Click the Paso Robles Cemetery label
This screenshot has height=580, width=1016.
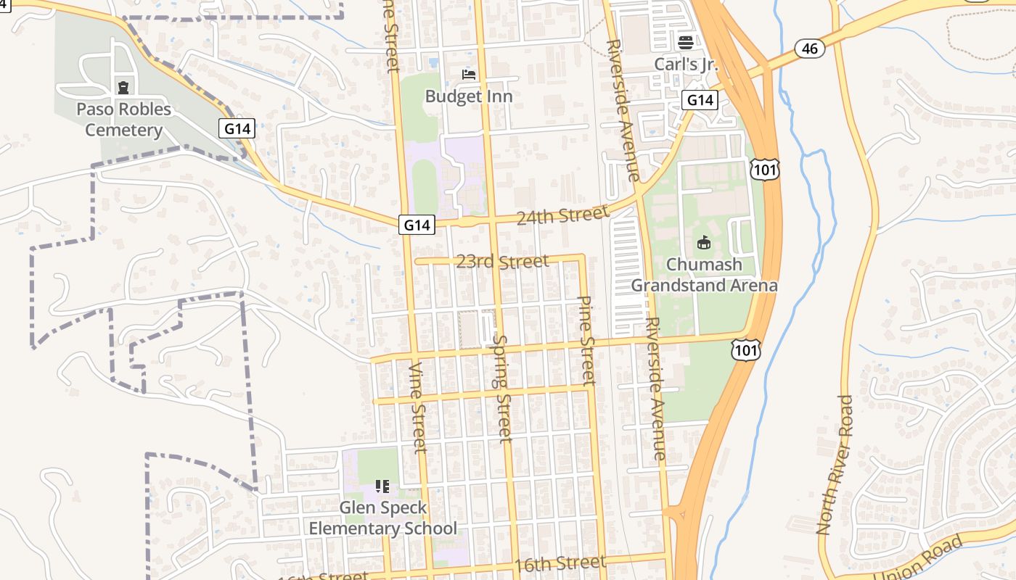pos(123,120)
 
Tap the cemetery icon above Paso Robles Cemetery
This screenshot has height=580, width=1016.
pos(124,88)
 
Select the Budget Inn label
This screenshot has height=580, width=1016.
pos(469,96)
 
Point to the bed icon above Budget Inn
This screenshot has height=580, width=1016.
pos(469,74)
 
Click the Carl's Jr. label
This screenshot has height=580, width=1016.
pos(686,64)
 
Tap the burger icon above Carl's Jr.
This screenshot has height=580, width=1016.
pos(686,43)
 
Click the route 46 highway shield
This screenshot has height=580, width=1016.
pos(810,49)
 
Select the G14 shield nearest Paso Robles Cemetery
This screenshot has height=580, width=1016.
pos(237,129)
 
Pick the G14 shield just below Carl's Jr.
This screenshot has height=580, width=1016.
pos(700,100)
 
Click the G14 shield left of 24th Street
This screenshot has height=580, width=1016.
pos(417,225)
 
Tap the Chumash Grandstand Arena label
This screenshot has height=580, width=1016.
pos(703,275)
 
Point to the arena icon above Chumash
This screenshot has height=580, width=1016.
pos(703,242)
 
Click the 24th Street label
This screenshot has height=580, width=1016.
pos(562,215)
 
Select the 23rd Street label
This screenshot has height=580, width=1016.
pos(502,261)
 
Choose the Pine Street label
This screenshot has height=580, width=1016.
pos(586,340)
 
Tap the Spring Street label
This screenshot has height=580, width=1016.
pos(501,388)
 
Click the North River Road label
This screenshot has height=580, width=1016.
pos(835,465)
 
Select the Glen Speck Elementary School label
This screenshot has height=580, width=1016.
pos(383,518)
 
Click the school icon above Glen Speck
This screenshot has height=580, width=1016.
pos(382,486)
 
